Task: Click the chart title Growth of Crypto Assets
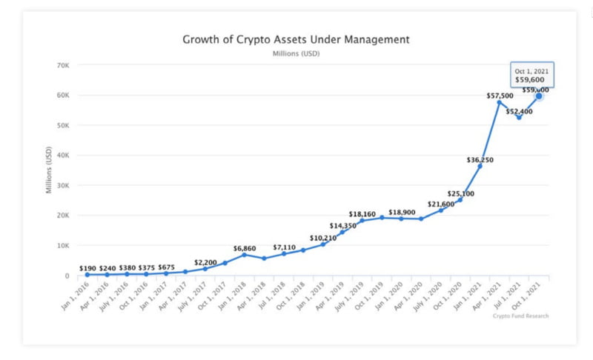[296, 39]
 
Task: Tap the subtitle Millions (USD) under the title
[296, 53]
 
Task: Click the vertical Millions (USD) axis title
[49, 171]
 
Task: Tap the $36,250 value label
[480, 159]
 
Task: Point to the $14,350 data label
[343, 225]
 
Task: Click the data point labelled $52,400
[519, 117]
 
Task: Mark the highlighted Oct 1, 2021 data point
[539, 96]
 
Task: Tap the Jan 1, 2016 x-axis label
[76, 296]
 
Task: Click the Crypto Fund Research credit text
[521, 316]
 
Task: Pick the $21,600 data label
[440, 204]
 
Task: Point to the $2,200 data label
[206, 262]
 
